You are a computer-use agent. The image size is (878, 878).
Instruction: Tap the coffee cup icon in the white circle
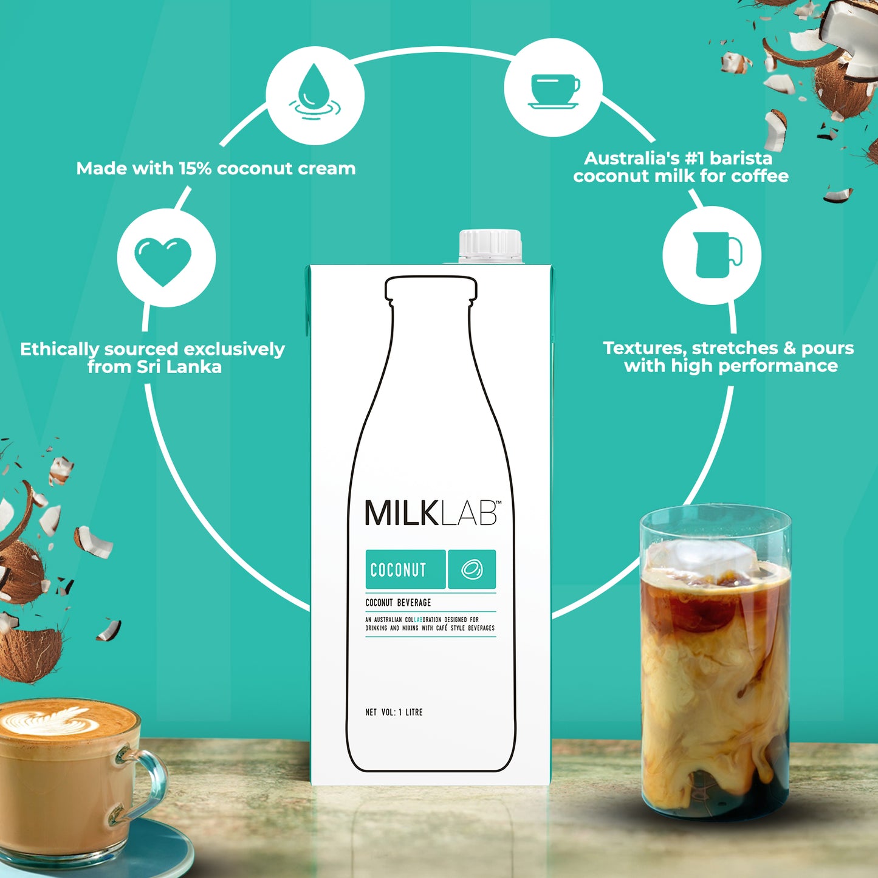click(x=554, y=91)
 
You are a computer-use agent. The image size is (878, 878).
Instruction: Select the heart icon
click(x=163, y=261)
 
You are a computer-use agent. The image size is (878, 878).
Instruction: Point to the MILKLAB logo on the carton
click(x=432, y=513)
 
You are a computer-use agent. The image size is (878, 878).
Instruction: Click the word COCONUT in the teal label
click(x=399, y=570)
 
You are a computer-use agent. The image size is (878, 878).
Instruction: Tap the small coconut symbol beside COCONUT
click(x=472, y=569)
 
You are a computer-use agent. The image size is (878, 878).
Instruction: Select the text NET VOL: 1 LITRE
click(x=394, y=712)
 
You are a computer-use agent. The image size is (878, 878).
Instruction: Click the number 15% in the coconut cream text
click(x=194, y=168)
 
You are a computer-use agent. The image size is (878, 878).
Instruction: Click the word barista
click(x=741, y=158)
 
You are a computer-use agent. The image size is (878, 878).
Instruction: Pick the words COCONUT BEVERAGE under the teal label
click(x=398, y=603)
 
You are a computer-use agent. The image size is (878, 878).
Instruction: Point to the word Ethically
click(x=59, y=349)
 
